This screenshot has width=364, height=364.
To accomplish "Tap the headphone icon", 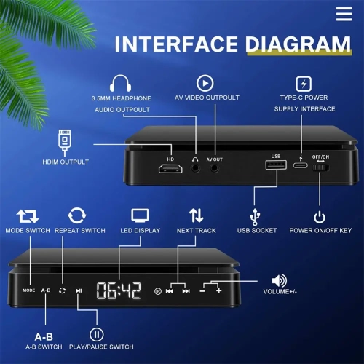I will pos(120,82).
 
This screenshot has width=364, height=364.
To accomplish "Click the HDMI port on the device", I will pos(170,169).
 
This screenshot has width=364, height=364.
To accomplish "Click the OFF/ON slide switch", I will pos(320,168).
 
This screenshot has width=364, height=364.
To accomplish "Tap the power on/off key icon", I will pos(319,217).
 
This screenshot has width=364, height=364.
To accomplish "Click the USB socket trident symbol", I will pos(253,216).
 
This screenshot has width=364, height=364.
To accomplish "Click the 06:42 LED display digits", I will pos(119,290).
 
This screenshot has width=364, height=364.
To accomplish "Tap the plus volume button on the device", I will pos(218,290).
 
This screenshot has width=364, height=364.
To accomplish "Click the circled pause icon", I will pos(97,336).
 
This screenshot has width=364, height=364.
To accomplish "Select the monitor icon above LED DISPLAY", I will pos(140,215).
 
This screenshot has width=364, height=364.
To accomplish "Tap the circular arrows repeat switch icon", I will pos(76,215).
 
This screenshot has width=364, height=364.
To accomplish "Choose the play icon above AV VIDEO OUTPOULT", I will pos(205,82).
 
